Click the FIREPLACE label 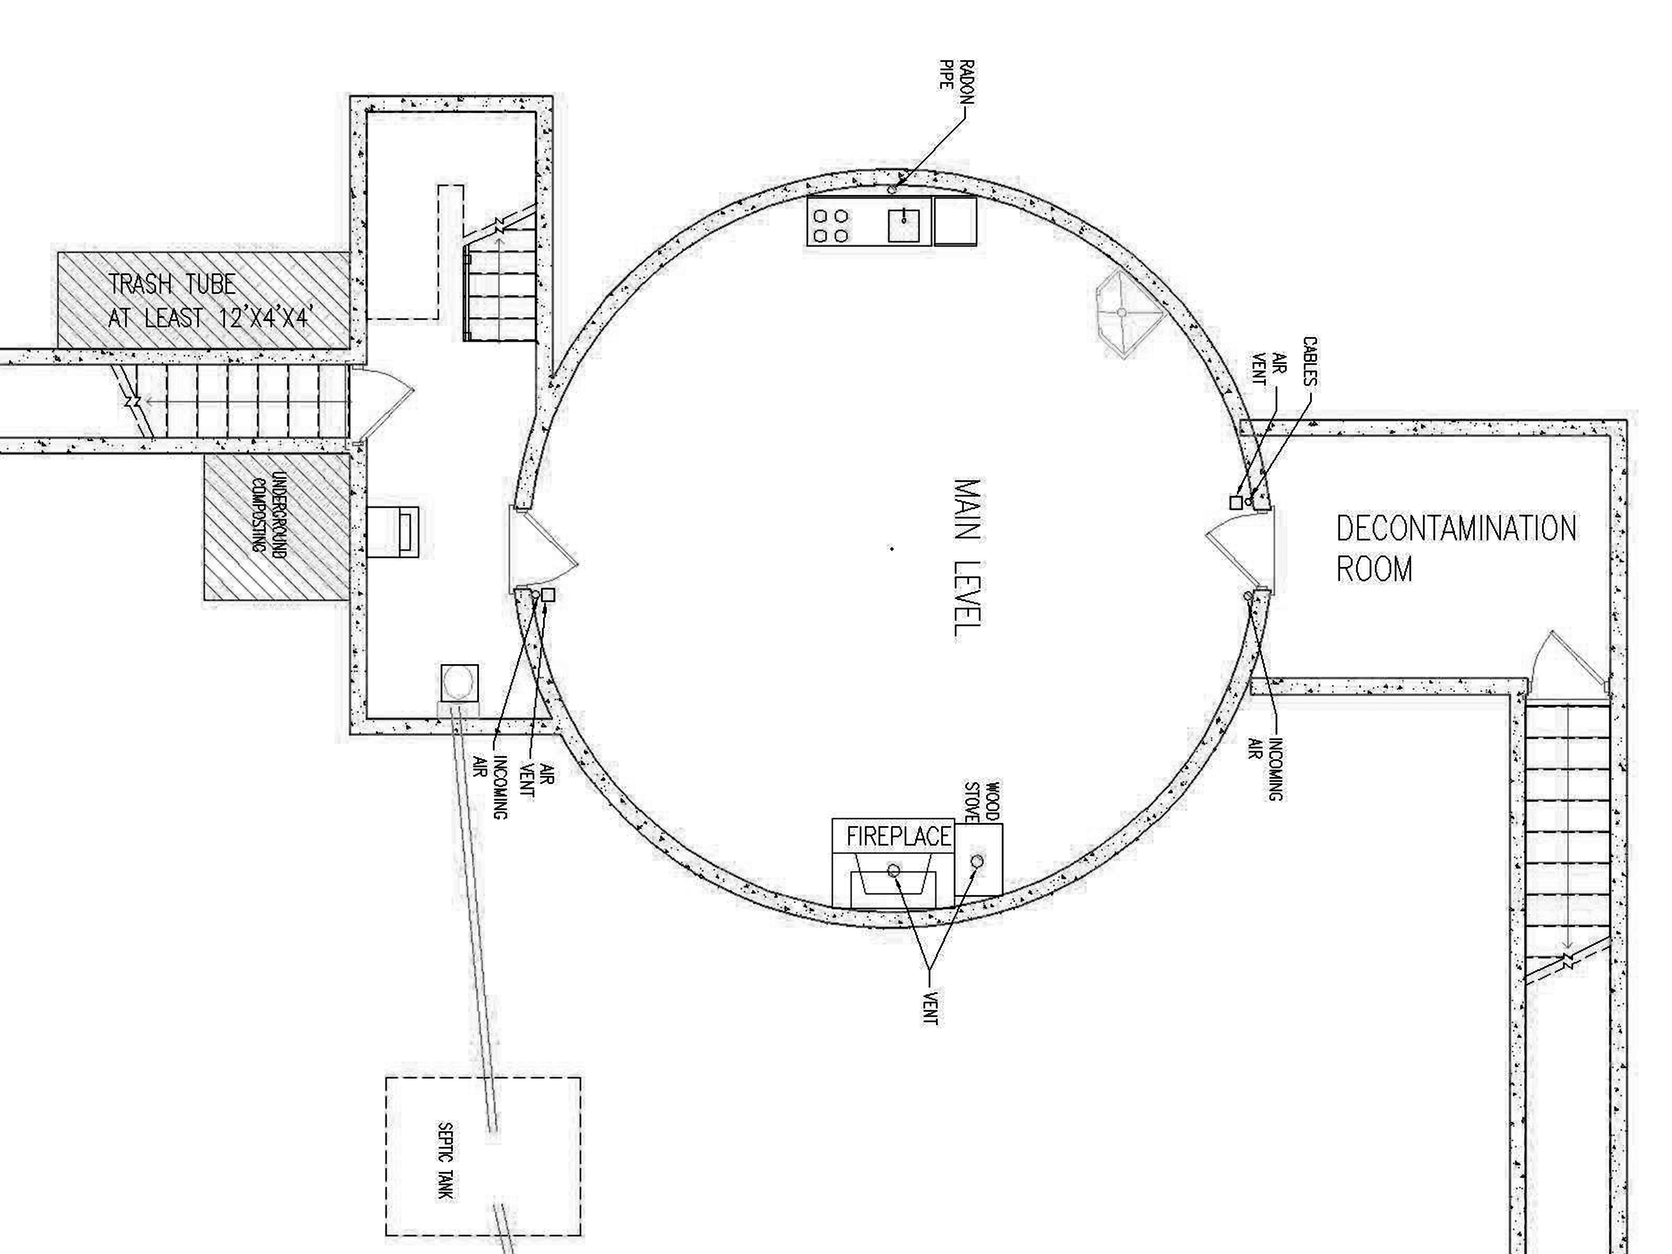click(x=898, y=837)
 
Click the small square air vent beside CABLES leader click(x=1236, y=503)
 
